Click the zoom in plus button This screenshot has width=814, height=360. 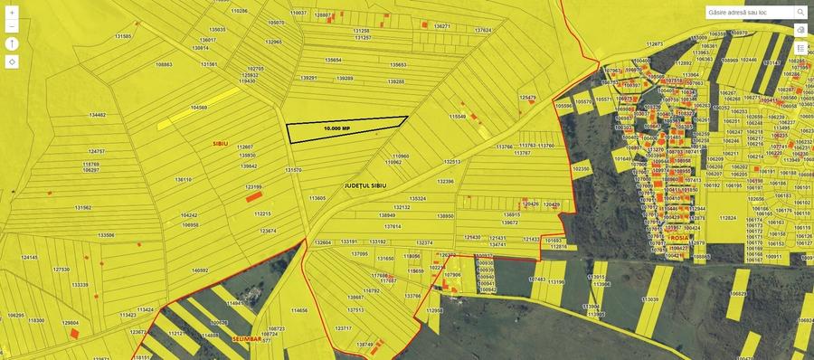point(12,13)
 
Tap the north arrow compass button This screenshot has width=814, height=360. point(12,43)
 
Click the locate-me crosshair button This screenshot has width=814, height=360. point(12,62)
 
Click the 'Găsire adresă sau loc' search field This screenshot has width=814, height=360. point(749,13)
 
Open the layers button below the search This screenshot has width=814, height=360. point(800,30)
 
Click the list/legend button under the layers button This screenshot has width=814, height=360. point(800,48)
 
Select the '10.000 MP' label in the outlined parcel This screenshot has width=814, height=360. point(336,128)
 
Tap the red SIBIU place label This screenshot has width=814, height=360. point(220,144)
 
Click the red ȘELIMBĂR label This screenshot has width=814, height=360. point(245,338)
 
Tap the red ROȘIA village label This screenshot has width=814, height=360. point(679,238)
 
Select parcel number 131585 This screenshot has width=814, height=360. point(123,36)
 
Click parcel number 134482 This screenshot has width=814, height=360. point(98,115)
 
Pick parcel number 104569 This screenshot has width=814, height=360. point(199,108)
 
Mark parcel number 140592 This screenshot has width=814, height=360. point(200,270)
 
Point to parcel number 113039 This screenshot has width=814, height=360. point(649,298)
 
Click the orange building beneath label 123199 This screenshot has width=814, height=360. point(254,195)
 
